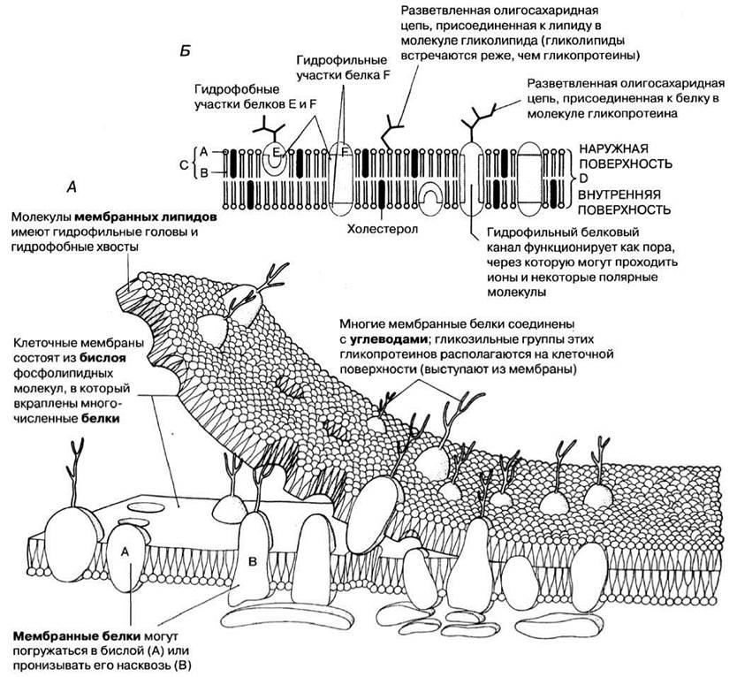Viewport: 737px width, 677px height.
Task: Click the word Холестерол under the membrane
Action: tap(382, 229)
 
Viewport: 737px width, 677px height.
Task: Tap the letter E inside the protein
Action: tap(276, 151)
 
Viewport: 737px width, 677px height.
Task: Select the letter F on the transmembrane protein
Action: tap(346, 152)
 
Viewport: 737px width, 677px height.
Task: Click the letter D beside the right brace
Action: tap(583, 179)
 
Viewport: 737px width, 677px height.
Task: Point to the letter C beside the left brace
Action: tap(184, 164)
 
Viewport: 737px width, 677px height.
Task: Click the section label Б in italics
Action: tap(186, 51)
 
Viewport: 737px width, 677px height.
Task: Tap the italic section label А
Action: tap(72, 188)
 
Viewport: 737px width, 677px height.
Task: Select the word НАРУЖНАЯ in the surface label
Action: tap(613, 148)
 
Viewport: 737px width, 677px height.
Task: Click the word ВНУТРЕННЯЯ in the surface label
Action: tap(619, 194)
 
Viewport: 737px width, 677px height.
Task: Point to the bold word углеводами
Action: tap(389, 339)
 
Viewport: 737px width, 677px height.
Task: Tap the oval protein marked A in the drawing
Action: tap(125, 558)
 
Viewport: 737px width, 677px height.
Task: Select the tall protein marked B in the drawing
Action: tap(249, 559)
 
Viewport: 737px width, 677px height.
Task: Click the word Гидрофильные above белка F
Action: tap(342, 60)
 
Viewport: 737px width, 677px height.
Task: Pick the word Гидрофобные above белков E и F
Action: tap(237, 89)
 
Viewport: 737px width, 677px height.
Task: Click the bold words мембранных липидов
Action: tap(146, 217)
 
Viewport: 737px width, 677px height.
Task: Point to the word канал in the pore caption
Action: tap(505, 247)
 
